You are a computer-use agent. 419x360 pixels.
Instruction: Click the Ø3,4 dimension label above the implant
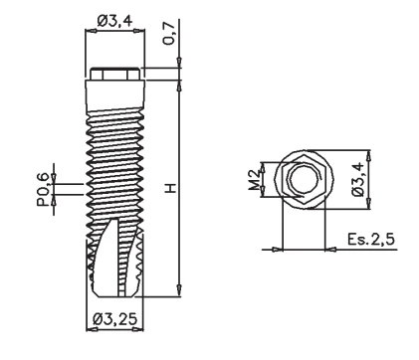pyautogui.click(x=115, y=21)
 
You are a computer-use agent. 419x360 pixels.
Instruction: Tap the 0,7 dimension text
pyautogui.click(x=169, y=34)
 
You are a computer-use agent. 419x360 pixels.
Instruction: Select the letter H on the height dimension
pyautogui.click(x=171, y=188)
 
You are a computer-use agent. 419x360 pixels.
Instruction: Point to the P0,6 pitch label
pyautogui.click(x=44, y=190)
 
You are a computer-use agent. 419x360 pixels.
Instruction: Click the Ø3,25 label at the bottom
pyautogui.click(x=115, y=319)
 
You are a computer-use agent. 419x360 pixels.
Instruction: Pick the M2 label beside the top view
pyautogui.click(x=255, y=180)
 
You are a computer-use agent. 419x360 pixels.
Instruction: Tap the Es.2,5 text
pyautogui.click(x=371, y=239)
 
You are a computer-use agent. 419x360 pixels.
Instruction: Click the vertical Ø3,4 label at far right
pyautogui.click(x=358, y=180)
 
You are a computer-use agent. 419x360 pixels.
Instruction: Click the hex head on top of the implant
pyautogui.click(x=115, y=74)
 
